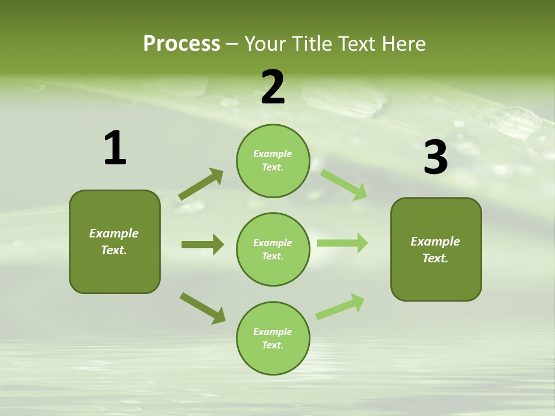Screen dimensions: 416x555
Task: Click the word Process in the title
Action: coord(182,43)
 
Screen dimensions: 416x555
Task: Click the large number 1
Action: coord(115,148)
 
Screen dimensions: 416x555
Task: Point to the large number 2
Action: coord(273,87)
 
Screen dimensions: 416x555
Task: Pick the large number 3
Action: coord(435,157)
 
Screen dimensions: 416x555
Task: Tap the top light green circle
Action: coord(273,161)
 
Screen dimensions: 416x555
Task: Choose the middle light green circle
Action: coord(273,249)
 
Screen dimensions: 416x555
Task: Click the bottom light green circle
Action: coord(273,338)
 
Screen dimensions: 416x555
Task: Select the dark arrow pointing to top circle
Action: coord(201,184)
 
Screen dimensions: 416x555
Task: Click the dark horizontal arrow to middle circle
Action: coord(202,244)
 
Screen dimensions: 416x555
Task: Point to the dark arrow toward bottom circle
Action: coord(202,307)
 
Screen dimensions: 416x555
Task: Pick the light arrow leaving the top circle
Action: coord(344,184)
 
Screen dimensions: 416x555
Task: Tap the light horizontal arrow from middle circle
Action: coord(342,243)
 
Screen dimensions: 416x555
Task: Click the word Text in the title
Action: coord(358,43)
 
